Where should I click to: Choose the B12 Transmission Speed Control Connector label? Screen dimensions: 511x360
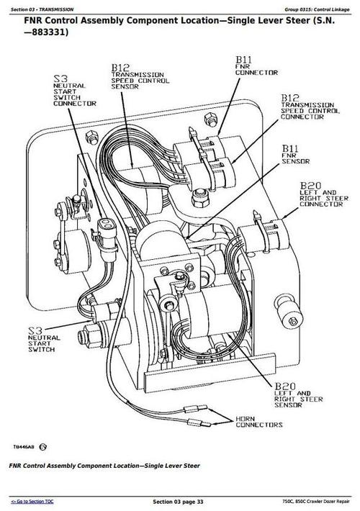[x=310, y=107]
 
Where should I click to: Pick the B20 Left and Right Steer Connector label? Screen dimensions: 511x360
[x=319, y=194]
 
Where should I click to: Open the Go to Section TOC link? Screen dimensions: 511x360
[x=33, y=501]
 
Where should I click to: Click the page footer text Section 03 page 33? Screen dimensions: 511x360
[x=179, y=501]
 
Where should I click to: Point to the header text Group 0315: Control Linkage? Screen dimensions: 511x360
[x=315, y=8]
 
